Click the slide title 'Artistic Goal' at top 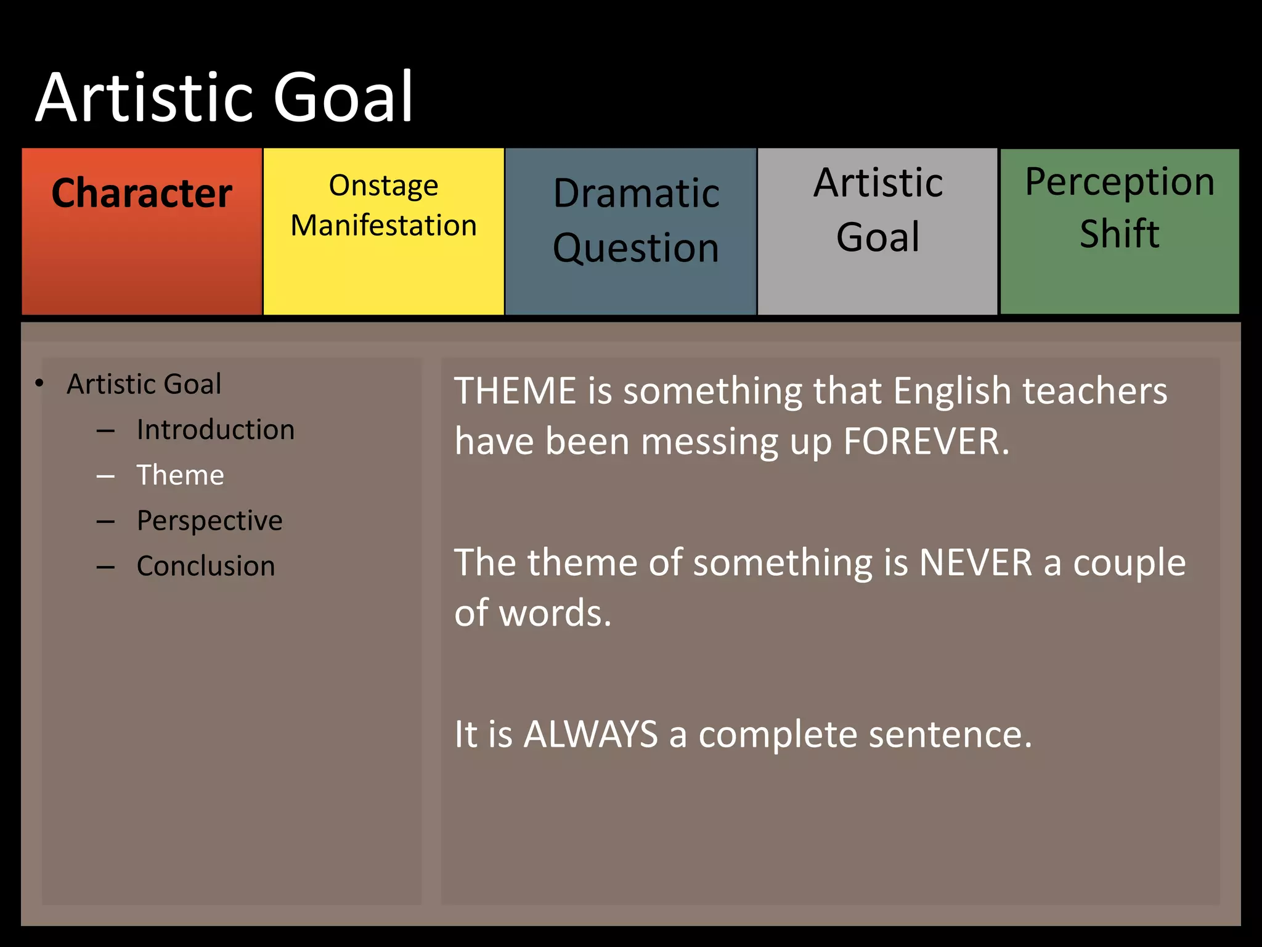[224, 97]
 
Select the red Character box [142, 231]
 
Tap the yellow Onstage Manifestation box [383, 231]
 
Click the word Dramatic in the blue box [636, 194]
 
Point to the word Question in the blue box [636, 248]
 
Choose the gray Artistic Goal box [877, 231]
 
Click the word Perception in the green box [1120, 182]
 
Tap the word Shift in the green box [1120, 234]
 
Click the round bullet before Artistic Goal [39, 383]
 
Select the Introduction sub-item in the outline [216, 430]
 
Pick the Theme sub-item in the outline [181, 475]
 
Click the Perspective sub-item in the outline [210, 521]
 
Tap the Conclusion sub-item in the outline [206, 566]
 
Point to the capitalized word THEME [515, 392]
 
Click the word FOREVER [926, 442]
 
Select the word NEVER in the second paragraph [975, 563]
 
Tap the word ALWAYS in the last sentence [590, 735]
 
